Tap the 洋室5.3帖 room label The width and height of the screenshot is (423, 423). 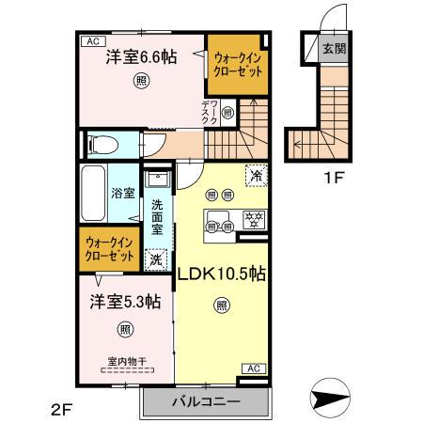[x=125, y=302]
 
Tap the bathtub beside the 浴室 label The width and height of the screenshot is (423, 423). [x=94, y=192]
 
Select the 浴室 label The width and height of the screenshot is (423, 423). [x=124, y=193]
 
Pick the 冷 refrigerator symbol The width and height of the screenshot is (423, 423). [x=255, y=174]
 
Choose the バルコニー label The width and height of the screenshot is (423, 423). [x=205, y=401]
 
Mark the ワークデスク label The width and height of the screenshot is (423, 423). [x=210, y=112]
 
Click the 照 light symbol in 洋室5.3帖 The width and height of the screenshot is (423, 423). [x=125, y=329]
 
